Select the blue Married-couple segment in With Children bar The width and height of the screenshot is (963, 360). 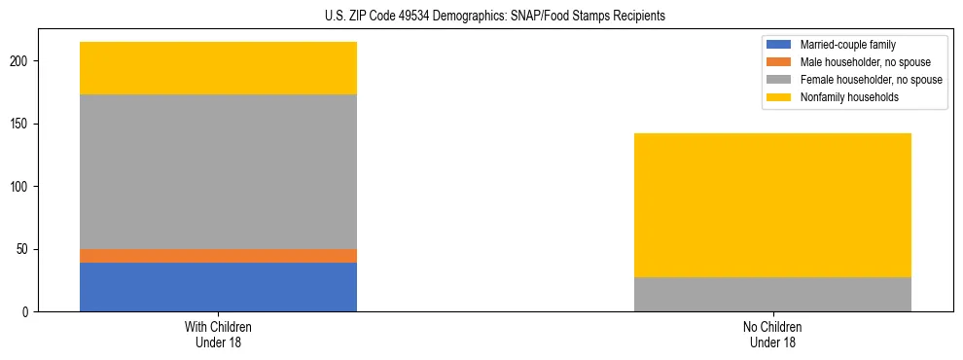pyautogui.click(x=218, y=287)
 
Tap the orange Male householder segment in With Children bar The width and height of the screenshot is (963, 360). pyautogui.click(x=218, y=256)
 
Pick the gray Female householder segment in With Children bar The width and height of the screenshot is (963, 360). pyautogui.click(x=218, y=171)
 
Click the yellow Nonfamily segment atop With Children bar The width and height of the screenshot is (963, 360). pyautogui.click(x=218, y=68)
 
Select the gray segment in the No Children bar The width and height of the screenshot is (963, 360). pyautogui.click(x=772, y=294)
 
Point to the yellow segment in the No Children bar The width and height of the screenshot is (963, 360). pyautogui.click(x=772, y=205)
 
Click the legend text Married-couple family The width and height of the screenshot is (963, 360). pyautogui.click(x=848, y=45)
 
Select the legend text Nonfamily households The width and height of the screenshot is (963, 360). pyautogui.click(x=848, y=97)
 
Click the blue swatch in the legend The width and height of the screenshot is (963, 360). pyautogui.click(x=780, y=45)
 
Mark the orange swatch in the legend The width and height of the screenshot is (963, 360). pyautogui.click(x=780, y=62)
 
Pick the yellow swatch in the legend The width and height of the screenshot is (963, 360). pyautogui.click(x=780, y=97)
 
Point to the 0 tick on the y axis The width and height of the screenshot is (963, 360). pyautogui.click(x=28, y=312)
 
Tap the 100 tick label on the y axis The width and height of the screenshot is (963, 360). pyautogui.click(x=22, y=187)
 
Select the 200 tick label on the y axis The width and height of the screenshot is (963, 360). pyautogui.click(x=22, y=61)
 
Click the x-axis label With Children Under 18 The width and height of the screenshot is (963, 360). pyautogui.click(x=218, y=334)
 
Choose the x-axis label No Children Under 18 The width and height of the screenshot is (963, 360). pyautogui.click(x=772, y=334)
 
